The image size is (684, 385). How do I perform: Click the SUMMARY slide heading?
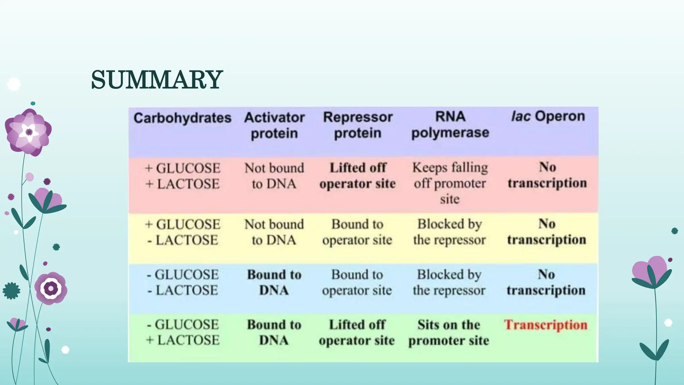click(157, 80)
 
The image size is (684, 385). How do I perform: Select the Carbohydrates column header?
click(182, 118)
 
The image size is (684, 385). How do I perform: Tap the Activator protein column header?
click(274, 125)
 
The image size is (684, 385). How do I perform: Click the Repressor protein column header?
click(358, 125)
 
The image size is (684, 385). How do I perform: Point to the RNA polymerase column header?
click(450, 125)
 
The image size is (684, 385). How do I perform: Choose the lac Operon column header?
click(548, 116)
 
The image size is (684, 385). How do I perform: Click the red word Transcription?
click(546, 325)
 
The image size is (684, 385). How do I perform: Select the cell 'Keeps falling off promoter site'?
click(450, 183)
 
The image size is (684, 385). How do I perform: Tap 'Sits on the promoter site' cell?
click(449, 333)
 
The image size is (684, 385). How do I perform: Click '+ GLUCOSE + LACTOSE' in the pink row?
click(183, 176)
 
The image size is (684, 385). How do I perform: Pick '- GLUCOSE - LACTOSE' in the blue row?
click(183, 282)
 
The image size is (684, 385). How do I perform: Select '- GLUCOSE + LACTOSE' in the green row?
click(183, 332)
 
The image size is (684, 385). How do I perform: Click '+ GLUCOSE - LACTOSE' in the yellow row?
click(183, 232)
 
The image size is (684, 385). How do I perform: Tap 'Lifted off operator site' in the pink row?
click(357, 175)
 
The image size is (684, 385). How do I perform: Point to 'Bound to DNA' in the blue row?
click(274, 282)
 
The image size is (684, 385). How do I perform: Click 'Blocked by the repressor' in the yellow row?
click(449, 232)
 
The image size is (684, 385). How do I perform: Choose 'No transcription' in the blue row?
click(546, 282)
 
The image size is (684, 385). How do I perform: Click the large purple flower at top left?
click(28, 132)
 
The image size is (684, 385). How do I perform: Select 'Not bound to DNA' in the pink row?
click(274, 176)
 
